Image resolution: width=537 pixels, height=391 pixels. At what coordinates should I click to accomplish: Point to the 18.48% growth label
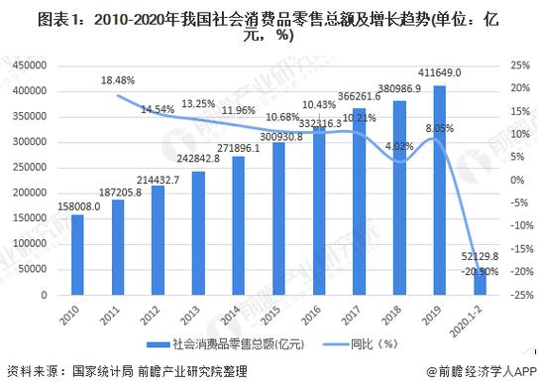[x=118, y=78]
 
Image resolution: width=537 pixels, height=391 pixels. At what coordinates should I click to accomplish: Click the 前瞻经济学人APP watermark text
[x=481, y=371]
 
